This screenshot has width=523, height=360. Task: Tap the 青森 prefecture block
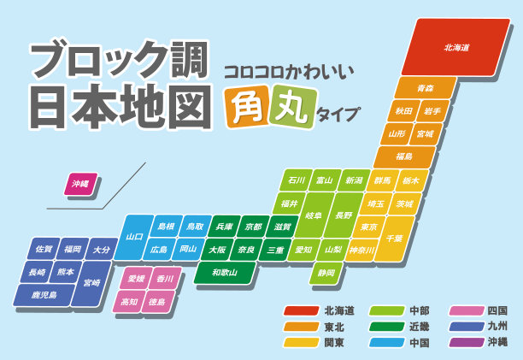(413, 88)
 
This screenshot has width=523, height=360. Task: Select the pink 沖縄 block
(81, 184)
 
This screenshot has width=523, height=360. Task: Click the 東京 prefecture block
(369, 227)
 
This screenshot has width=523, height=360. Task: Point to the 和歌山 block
(232, 273)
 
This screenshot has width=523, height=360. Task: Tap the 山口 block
(134, 237)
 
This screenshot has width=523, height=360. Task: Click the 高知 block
(129, 302)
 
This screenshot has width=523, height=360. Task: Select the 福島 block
(404, 157)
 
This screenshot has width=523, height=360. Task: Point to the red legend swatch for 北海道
(301, 310)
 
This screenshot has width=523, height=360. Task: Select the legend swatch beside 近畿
(385, 326)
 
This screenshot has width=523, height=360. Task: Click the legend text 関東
(334, 342)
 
